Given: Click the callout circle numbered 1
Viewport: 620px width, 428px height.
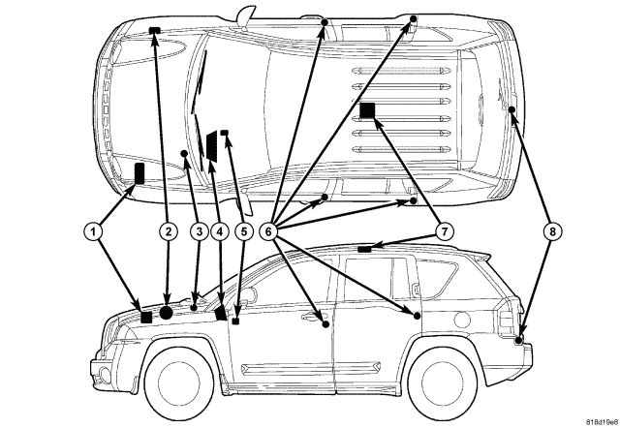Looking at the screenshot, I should pos(92,231).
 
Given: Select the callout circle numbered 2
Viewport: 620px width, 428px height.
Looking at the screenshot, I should pos(169,231).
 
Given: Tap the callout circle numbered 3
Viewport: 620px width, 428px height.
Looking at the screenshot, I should pos(198,231).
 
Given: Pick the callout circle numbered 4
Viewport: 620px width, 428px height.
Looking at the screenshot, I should pos(219,231).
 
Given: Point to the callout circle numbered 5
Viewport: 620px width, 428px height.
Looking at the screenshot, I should pos(243,231).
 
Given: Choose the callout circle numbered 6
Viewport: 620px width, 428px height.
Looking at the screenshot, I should pos(270,231).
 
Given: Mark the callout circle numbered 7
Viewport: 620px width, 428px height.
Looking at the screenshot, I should pos(445,231).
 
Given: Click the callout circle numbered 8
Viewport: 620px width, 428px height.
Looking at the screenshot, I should pos(551,231).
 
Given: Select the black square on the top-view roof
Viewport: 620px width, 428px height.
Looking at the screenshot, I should pos(368,110).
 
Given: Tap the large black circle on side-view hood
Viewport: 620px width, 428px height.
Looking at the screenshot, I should pos(167,313).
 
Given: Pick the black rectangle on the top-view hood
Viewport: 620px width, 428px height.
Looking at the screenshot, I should pos(139,174).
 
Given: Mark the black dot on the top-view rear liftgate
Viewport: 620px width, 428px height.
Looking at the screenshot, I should pos(511,111).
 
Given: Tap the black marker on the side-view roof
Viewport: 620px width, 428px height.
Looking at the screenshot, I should pos(364,249).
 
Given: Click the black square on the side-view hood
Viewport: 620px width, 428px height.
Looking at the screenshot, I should pos(146,316).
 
